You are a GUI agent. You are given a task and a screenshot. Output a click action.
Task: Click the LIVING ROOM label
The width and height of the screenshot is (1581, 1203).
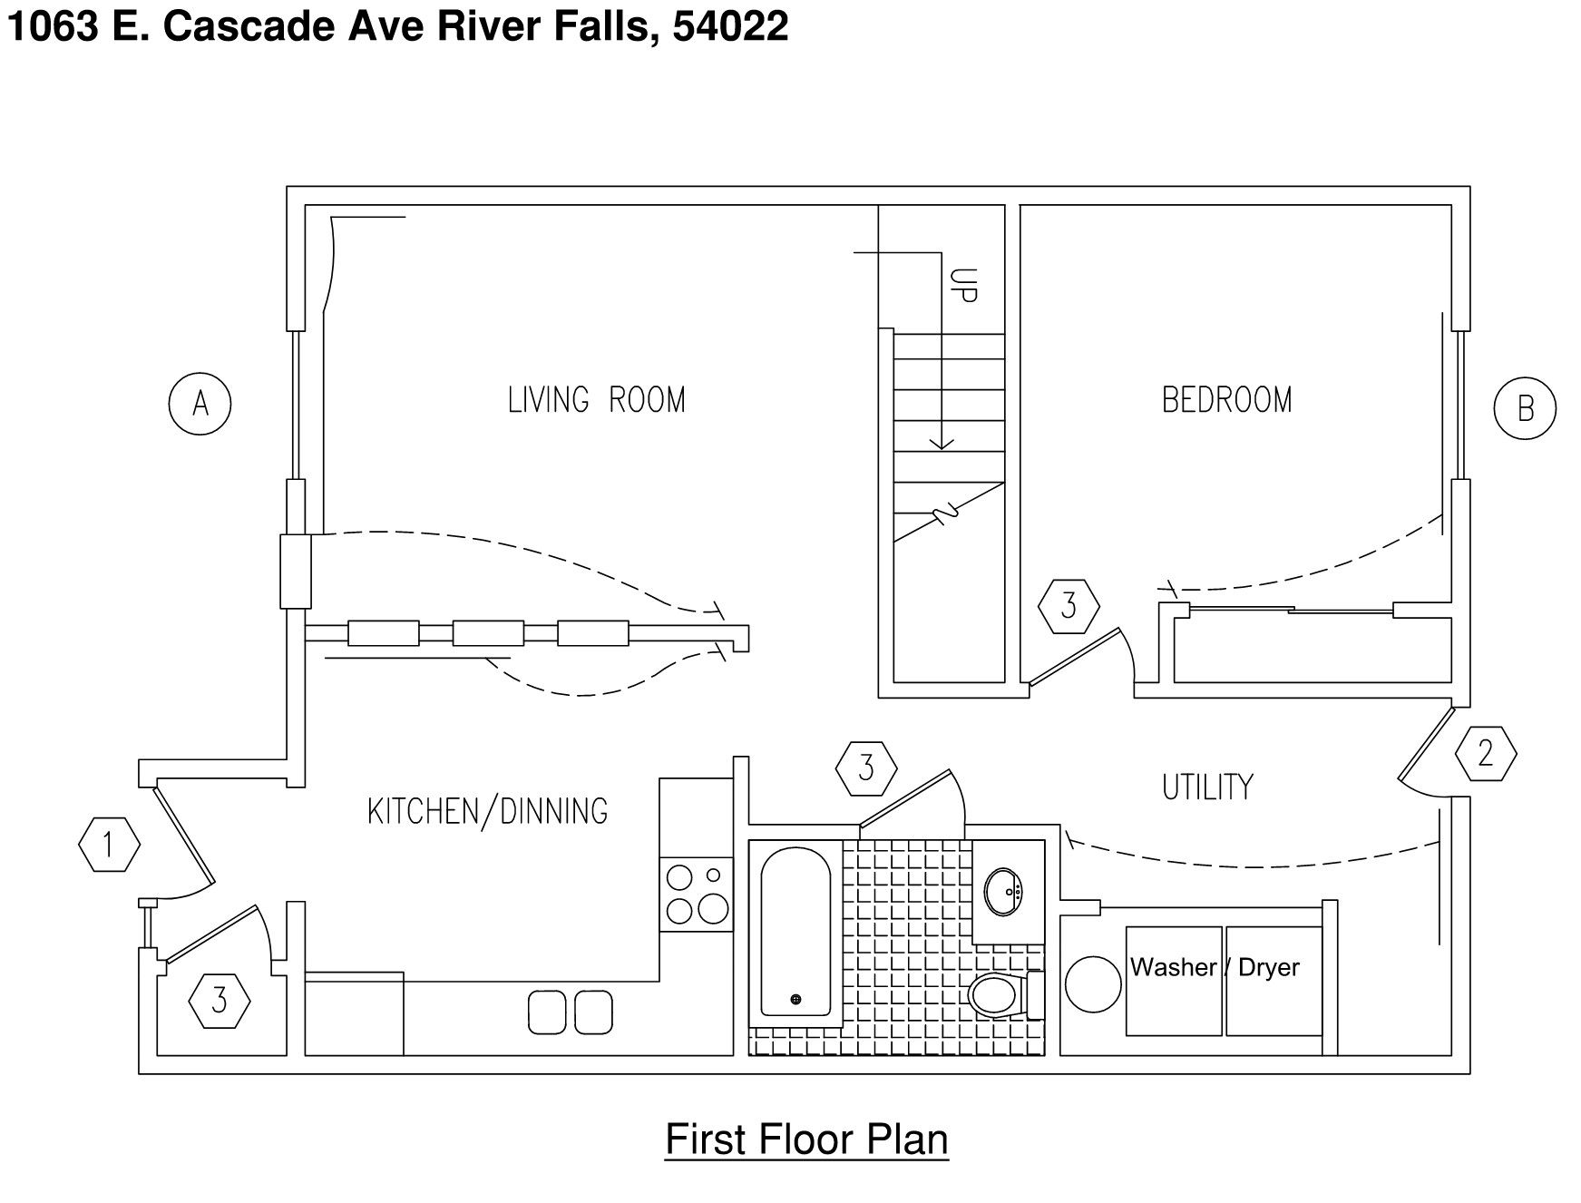[x=596, y=400]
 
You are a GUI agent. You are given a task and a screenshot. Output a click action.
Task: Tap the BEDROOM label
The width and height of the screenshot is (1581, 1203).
[x=1226, y=400]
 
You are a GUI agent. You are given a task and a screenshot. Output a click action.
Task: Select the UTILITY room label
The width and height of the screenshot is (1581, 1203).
[x=1207, y=787]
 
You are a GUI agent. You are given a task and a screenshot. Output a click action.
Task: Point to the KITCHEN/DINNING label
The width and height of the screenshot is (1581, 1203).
[x=487, y=811]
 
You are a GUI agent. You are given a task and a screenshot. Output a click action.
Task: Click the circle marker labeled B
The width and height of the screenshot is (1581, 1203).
[x=1525, y=408]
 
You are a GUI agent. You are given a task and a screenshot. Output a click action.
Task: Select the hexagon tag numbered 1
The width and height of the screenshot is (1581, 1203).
[x=109, y=845]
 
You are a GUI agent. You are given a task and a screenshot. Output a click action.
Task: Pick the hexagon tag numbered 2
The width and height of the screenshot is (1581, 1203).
[x=1486, y=754]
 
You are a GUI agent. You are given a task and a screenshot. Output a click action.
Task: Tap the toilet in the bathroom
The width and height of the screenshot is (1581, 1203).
[x=998, y=995]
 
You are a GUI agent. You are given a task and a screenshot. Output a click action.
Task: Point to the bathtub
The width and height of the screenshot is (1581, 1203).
[x=795, y=933]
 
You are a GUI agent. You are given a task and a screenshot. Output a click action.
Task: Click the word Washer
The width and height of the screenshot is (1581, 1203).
[x=1172, y=967]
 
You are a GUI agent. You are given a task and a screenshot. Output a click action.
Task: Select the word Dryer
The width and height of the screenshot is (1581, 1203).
[x=1268, y=967]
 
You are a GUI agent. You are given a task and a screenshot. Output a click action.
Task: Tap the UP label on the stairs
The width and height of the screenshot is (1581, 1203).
[x=964, y=285]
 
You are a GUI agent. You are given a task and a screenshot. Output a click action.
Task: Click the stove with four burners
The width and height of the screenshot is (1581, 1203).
[x=696, y=894]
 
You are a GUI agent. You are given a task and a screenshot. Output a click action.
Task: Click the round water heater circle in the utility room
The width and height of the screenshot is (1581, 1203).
[x=1093, y=985]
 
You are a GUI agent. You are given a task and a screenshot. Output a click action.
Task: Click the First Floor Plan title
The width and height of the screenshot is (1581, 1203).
[x=806, y=1139]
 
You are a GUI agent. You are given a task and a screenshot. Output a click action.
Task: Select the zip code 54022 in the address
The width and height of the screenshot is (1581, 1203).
[x=730, y=26]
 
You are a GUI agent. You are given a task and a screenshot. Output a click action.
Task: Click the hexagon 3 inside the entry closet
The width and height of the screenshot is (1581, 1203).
[x=220, y=1001]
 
